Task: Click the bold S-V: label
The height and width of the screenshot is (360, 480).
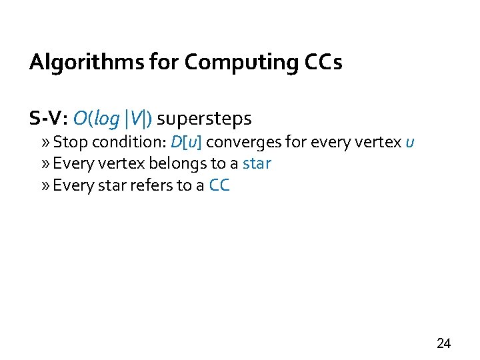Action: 49,119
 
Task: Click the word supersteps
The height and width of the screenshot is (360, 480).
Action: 205,119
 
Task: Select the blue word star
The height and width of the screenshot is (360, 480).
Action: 257,164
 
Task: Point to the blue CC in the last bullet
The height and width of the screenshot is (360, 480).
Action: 219,186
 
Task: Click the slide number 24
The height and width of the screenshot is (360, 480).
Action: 443,344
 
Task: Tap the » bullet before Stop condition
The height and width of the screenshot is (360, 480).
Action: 45,143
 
